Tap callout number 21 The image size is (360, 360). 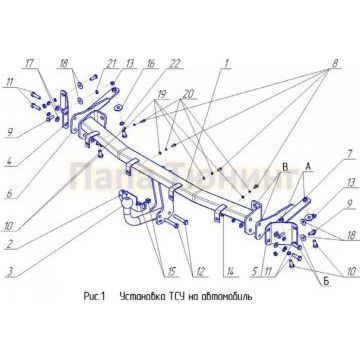coord(112,62)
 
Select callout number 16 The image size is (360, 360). coord(150,62)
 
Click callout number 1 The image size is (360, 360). coord(227,62)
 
